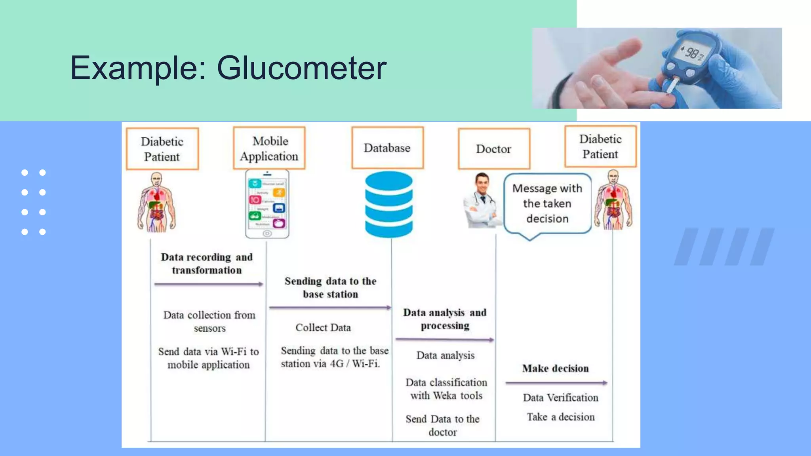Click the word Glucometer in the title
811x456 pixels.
pyautogui.click(x=301, y=68)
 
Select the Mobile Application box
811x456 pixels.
pyautogui.click(x=269, y=148)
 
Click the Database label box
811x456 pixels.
pyautogui.click(x=387, y=148)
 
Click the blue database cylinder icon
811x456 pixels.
pyautogui.click(x=388, y=204)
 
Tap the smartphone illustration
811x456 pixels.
pyautogui.click(x=267, y=204)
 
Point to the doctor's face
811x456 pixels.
pyautogui.click(x=482, y=183)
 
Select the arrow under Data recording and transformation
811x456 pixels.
pyautogui.click(x=209, y=284)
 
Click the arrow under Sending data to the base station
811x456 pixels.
pyautogui.click(x=330, y=308)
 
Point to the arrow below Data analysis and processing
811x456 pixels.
pyautogui.click(x=444, y=340)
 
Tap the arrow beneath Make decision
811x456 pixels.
pyautogui.click(x=556, y=383)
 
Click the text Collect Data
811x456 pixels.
pyautogui.click(x=323, y=328)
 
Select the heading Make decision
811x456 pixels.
pyautogui.click(x=555, y=369)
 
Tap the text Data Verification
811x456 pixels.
pyautogui.click(x=560, y=398)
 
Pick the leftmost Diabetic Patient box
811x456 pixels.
pyautogui.click(x=162, y=149)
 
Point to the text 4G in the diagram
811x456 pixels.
pyautogui.click(x=337, y=364)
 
